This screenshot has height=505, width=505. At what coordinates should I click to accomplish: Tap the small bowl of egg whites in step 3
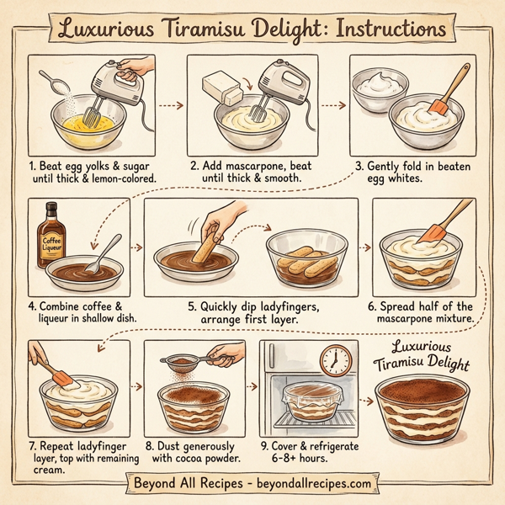point(375,88)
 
